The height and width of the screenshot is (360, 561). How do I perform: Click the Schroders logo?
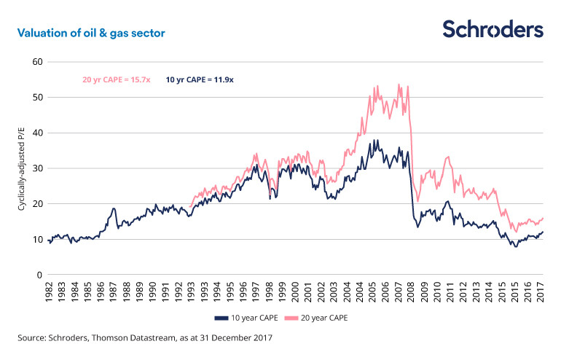(x=493, y=29)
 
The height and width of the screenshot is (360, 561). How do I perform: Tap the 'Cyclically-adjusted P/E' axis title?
(x=23, y=168)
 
